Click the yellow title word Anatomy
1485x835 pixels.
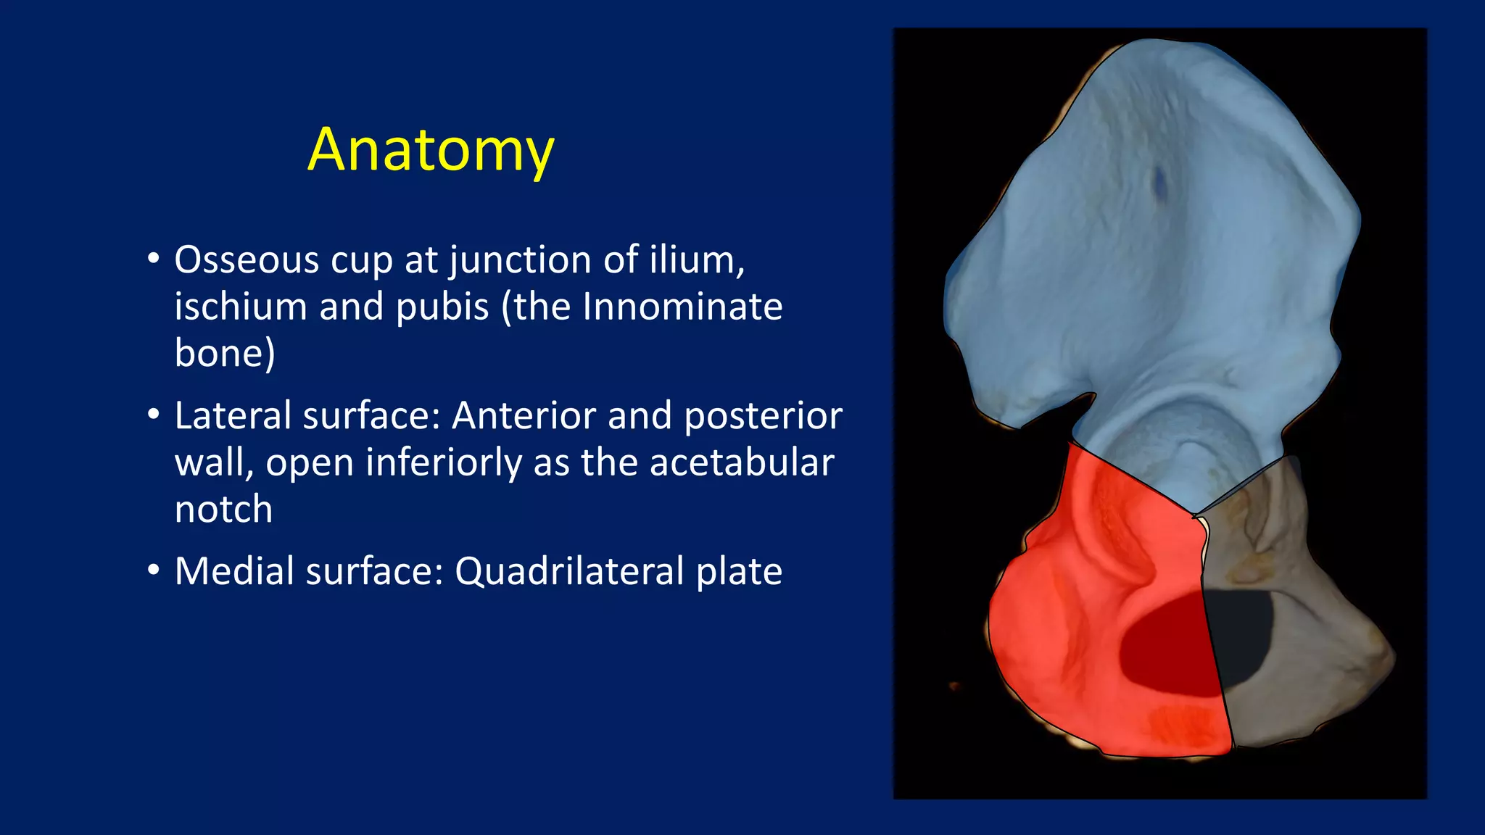tap(431, 150)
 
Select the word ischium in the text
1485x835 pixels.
tap(241, 307)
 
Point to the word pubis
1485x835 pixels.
tap(442, 307)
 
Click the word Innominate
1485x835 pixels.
tap(682, 307)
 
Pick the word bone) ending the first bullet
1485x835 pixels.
tap(225, 354)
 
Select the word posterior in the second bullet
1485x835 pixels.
tap(763, 416)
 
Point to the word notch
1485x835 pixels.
tap(223, 510)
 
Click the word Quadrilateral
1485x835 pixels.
tap(569, 571)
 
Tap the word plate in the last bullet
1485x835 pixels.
tap(739, 571)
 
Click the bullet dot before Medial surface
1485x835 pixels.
tap(153, 570)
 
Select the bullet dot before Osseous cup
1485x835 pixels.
tap(153, 259)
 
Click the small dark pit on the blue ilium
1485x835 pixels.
tap(1159, 181)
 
